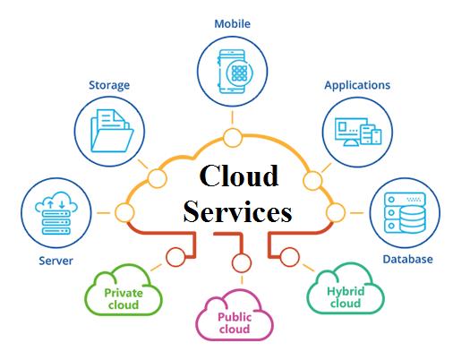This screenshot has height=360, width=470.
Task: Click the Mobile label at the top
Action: (x=232, y=23)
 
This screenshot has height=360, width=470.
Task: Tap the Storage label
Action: (x=109, y=85)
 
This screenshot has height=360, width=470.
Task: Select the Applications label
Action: (x=357, y=85)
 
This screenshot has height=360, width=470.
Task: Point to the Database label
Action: (x=407, y=260)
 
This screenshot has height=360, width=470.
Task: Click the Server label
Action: (x=56, y=261)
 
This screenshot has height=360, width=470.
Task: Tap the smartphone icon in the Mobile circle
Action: (x=233, y=72)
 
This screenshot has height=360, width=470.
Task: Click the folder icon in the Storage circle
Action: (x=112, y=131)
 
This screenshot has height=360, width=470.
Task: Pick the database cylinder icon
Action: (x=413, y=219)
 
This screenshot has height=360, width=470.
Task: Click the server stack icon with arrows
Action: (x=56, y=213)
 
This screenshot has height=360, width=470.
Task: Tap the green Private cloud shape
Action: (x=124, y=290)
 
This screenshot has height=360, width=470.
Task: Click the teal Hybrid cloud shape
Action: (x=346, y=288)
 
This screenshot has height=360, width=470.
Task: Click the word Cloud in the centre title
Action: (x=239, y=176)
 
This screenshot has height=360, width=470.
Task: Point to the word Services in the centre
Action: (x=237, y=211)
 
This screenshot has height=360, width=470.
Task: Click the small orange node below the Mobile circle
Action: (x=233, y=138)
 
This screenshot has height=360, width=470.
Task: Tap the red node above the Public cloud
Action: (x=242, y=263)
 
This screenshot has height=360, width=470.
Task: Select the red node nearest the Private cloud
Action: (x=176, y=257)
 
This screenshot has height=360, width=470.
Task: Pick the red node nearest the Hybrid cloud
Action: (x=290, y=257)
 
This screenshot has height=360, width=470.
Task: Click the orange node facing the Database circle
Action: (x=336, y=212)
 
